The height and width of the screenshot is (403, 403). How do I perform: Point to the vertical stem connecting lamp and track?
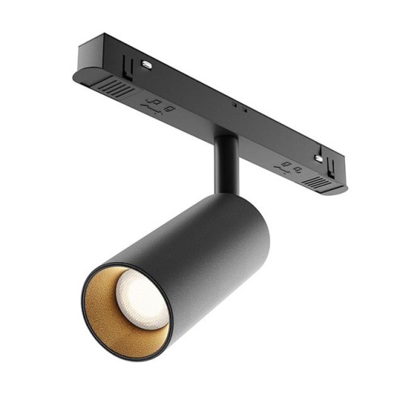pyautogui.click(x=226, y=165)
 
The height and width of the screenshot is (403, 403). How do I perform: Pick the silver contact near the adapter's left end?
pyautogui.click(x=147, y=64)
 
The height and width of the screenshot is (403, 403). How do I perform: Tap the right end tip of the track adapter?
pyautogui.click(x=343, y=186)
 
